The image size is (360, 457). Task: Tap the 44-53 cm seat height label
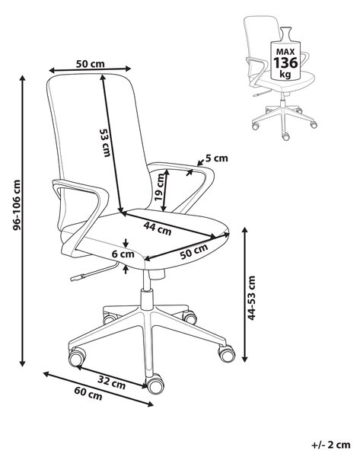point(251,298)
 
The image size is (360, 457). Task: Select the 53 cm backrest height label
point(105,143)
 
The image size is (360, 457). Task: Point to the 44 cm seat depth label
point(158,228)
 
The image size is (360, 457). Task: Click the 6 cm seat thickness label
point(123,254)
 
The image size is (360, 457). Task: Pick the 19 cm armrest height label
point(159,187)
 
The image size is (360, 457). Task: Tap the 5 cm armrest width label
point(217,158)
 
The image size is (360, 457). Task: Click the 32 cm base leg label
point(112,382)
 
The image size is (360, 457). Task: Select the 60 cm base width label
point(88,394)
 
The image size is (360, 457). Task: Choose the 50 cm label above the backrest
point(90,63)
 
